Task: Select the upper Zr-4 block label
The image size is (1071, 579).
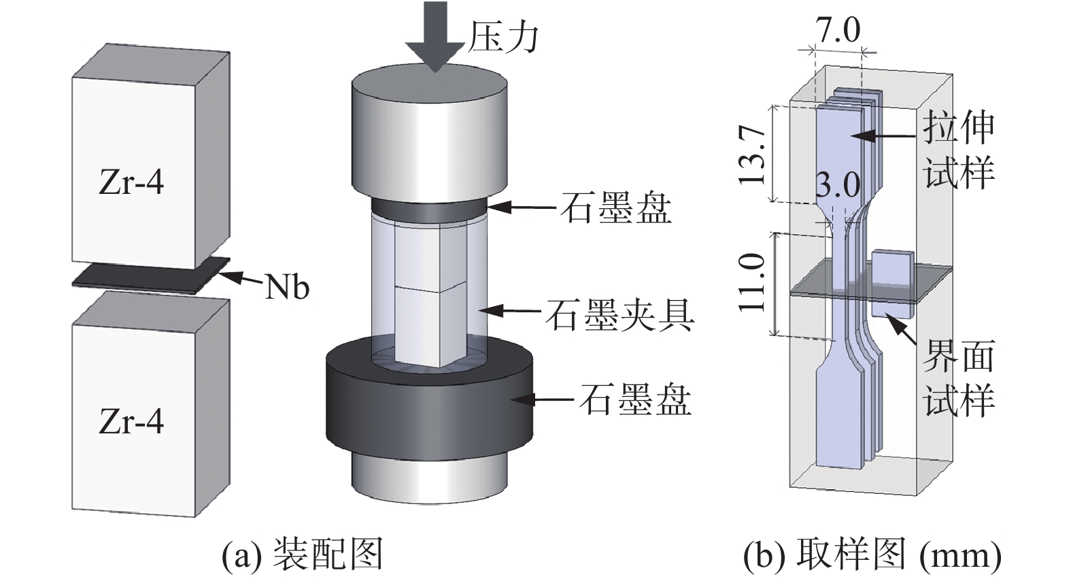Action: coord(131,183)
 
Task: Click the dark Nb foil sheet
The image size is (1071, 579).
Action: coord(146,276)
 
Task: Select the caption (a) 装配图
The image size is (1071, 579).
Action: coord(303,555)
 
